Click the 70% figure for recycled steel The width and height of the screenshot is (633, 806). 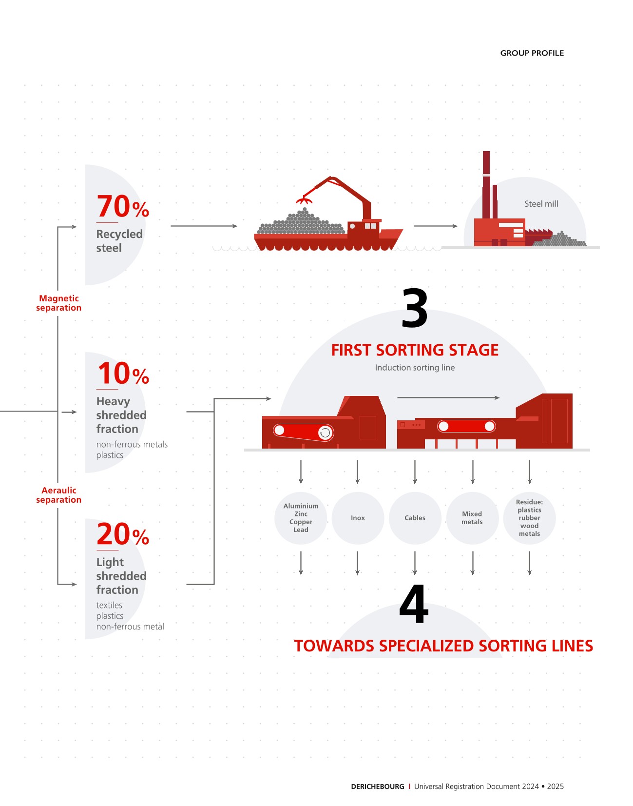[123, 207]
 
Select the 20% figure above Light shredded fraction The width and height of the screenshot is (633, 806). [123, 534]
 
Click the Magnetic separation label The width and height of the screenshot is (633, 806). [58, 303]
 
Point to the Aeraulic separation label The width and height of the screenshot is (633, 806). [58, 495]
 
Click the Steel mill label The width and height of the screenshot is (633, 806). [541, 204]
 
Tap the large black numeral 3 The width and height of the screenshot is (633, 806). [415, 309]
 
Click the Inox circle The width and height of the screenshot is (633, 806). [358, 518]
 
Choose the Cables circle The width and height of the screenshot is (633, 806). [415, 518]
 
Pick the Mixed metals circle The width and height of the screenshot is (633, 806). [472, 518]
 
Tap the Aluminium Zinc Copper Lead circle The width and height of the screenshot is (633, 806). [301, 518]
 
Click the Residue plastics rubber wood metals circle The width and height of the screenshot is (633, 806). [529, 518]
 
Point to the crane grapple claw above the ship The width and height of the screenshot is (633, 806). [304, 200]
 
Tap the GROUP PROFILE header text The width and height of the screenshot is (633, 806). [532, 53]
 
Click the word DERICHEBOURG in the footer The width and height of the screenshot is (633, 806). [377, 786]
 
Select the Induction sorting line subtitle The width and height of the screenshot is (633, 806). [415, 368]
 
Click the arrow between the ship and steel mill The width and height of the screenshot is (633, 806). [435, 226]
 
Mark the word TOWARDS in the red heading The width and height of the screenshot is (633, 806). [334, 646]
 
